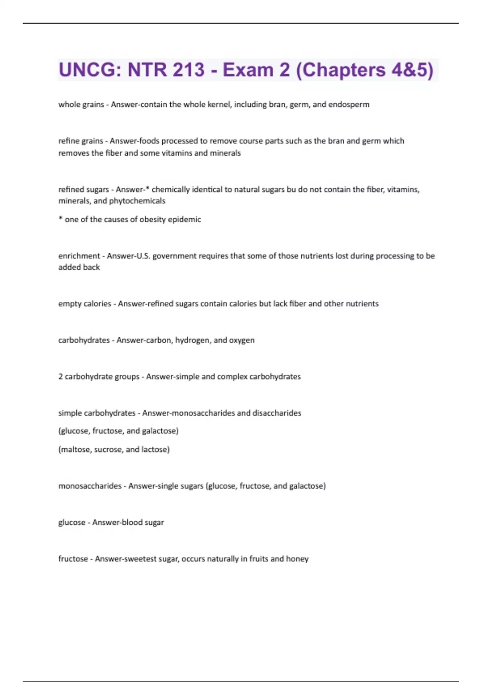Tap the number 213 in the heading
(188, 70)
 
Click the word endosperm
(349, 105)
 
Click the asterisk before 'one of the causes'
(60, 219)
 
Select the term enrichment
(79, 256)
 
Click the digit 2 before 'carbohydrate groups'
(60, 377)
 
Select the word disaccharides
(277, 413)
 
